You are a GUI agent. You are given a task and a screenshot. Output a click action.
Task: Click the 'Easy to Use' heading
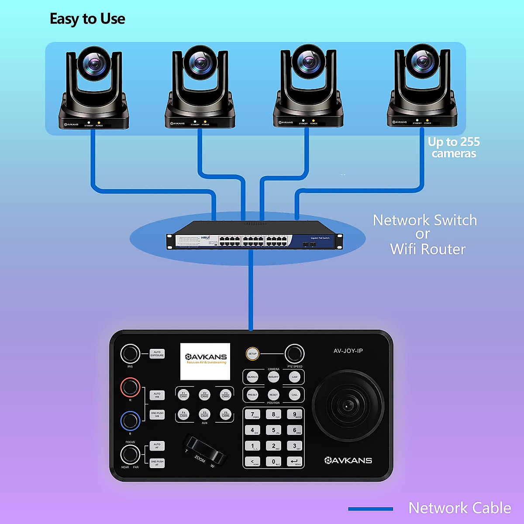[87, 19]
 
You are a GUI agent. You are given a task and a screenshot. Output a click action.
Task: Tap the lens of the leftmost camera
[93, 63]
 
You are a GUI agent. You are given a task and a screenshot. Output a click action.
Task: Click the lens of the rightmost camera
[422, 61]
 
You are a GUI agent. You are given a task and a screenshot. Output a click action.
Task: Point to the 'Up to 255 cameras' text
[454, 148]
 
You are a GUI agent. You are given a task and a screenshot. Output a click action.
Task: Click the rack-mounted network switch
[255, 236]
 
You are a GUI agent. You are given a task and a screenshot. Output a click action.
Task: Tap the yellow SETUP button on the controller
[252, 354]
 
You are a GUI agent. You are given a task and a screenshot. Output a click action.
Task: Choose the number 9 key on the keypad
[295, 414]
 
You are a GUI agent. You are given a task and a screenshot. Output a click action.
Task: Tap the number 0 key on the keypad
[274, 462]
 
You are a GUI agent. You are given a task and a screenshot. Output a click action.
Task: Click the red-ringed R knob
[130, 387]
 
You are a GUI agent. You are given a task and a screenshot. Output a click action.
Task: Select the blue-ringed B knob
[130, 421]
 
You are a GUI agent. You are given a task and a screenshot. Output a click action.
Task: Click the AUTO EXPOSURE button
[157, 354]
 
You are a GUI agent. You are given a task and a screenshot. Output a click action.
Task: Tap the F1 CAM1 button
[184, 395]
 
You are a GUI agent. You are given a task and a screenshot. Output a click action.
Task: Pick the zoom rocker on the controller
[205, 450]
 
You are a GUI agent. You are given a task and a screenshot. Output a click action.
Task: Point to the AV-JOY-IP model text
[348, 351]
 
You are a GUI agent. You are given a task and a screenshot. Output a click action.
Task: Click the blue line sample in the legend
[370, 509]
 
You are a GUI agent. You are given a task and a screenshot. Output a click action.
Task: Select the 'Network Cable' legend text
[459, 508]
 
